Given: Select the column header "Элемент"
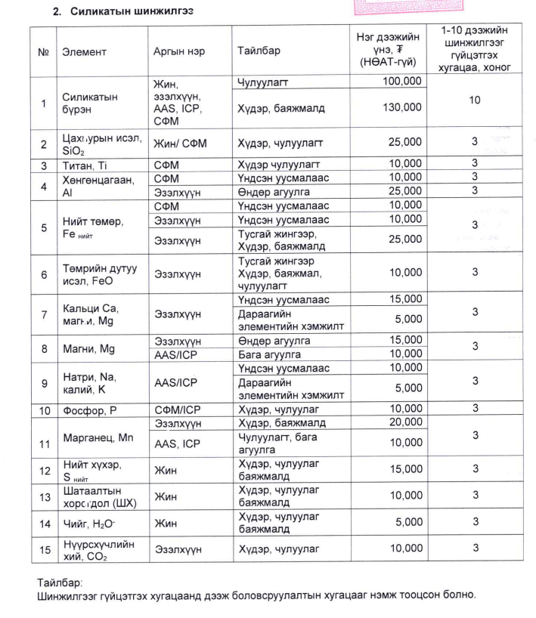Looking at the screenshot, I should point(84,52).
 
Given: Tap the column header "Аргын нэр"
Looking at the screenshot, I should point(178,52).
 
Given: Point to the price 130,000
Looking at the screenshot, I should point(402,108).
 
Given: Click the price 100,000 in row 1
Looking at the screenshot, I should point(402,81).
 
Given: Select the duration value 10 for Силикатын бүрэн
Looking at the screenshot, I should point(474,100).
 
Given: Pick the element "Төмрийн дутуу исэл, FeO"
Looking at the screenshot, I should point(96,273).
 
